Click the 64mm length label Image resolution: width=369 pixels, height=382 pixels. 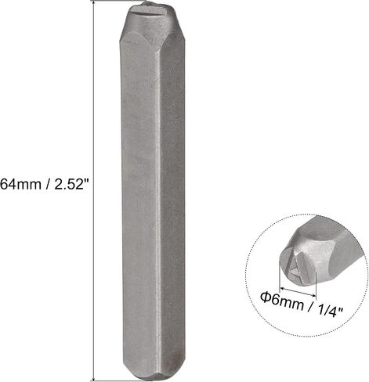coord(21,184)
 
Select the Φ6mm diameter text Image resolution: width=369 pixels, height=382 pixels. coord(282,301)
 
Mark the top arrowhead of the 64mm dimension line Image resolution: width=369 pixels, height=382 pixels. coord(93,2)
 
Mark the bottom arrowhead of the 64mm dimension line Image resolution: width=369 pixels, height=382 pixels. coord(93,378)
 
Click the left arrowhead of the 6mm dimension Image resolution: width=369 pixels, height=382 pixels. coord(282,289)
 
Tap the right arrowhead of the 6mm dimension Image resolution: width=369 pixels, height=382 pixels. coord(313,295)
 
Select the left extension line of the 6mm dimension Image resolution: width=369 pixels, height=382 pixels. coord(280,276)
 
